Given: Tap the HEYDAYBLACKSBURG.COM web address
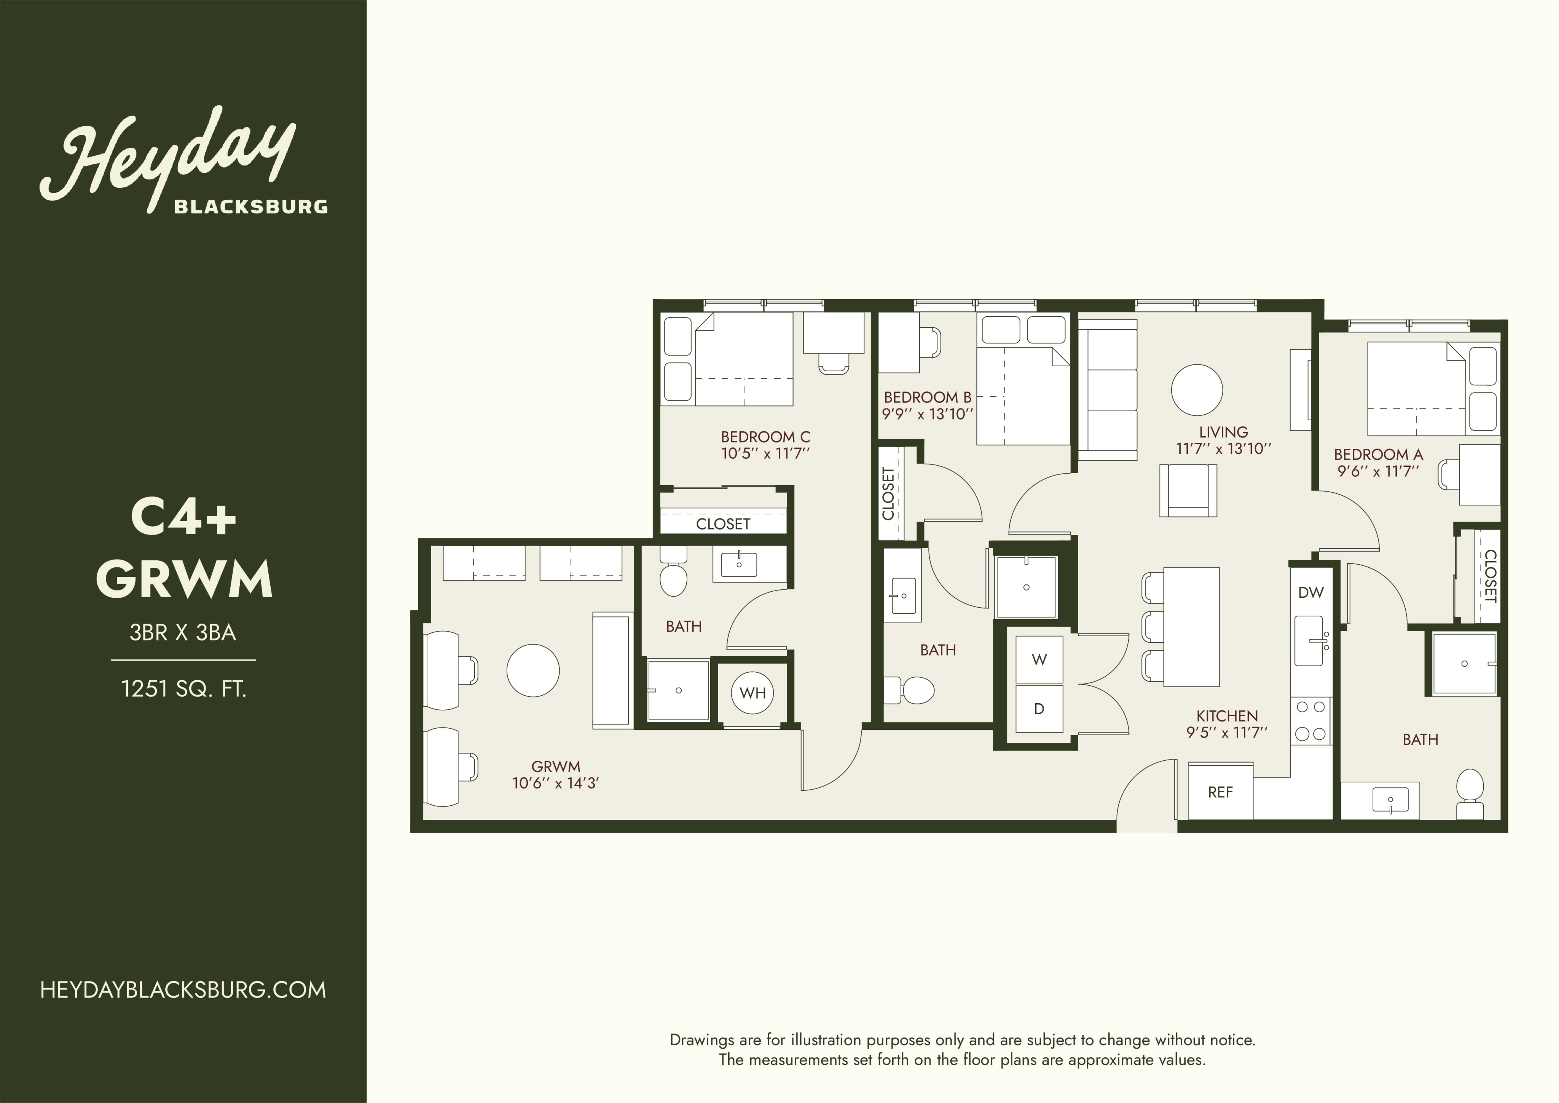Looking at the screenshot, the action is [x=183, y=990].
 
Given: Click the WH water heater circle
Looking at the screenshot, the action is [x=752, y=693].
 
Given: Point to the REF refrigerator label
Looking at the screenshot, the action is [x=1220, y=792].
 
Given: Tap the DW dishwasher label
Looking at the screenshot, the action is [x=1310, y=592].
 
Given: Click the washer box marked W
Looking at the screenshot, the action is [x=1039, y=659].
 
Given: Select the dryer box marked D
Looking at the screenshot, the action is [x=1039, y=709].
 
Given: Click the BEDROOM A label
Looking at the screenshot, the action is [x=1378, y=454].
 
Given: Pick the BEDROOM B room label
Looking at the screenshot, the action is [x=928, y=397].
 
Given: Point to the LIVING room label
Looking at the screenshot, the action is [x=1224, y=432].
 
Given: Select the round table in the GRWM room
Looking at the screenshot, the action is [x=533, y=670].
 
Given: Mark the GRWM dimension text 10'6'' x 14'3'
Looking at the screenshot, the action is [x=555, y=783].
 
